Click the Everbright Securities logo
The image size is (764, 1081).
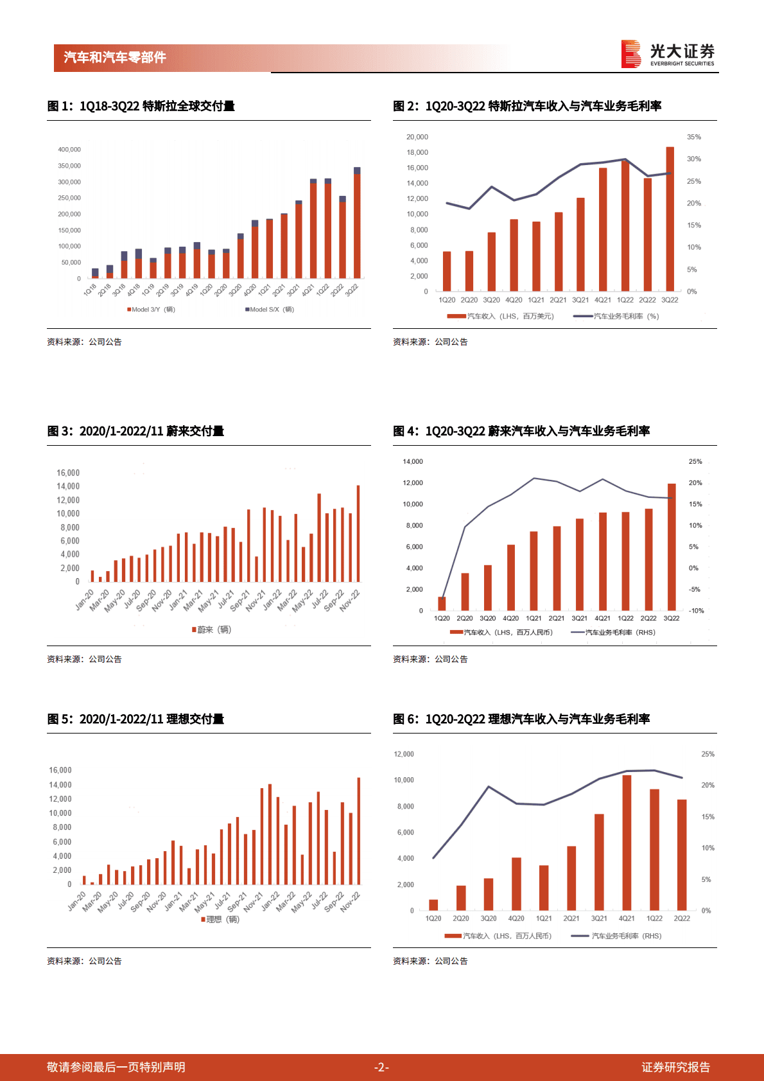[668, 54]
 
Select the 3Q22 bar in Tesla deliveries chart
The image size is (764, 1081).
[357, 225]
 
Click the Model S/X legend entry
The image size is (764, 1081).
[270, 310]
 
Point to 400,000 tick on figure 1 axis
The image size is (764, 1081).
[69, 150]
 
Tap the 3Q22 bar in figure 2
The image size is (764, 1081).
[670, 218]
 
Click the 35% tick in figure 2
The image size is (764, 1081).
[693, 137]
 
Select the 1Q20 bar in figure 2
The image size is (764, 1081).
[447, 271]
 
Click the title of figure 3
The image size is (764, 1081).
[135, 431]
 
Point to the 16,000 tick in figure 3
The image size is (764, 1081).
[68, 473]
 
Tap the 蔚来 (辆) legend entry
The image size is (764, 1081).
[213, 629]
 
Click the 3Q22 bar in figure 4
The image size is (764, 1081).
[672, 546]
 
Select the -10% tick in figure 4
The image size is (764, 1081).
[696, 611]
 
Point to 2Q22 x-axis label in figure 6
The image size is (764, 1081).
[682, 918]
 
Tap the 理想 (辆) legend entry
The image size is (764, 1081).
[221, 920]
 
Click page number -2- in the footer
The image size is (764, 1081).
[381, 1068]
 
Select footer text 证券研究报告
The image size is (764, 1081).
[675, 1068]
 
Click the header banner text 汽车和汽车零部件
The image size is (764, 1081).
[115, 58]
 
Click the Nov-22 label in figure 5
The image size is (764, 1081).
[351, 902]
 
